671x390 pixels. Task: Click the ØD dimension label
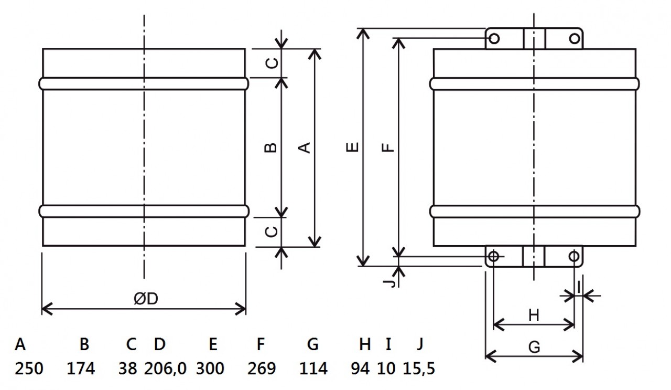click(x=146, y=299)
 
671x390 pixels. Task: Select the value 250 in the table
click(x=29, y=368)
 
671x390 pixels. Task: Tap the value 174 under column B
click(x=81, y=368)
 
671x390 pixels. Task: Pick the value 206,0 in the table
click(x=165, y=368)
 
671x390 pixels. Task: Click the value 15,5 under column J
click(x=419, y=368)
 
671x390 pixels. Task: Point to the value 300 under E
click(x=210, y=368)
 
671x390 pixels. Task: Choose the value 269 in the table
click(x=262, y=368)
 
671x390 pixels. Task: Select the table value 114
click(x=313, y=368)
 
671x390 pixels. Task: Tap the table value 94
click(x=360, y=368)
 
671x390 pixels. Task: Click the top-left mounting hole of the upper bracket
click(x=494, y=39)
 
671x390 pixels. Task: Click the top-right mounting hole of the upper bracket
click(x=575, y=39)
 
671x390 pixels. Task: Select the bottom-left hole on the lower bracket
click(x=493, y=257)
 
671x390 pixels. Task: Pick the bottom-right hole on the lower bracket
click(x=574, y=257)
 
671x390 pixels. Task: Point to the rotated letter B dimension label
click(x=271, y=147)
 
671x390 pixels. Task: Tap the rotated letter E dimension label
click(x=352, y=147)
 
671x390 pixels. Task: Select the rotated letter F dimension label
click(x=388, y=147)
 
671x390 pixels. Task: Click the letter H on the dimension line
click(x=534, y=315)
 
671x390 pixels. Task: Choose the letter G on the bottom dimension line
click(x=534, y=347)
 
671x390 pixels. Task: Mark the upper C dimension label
click(x=272, y=63)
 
